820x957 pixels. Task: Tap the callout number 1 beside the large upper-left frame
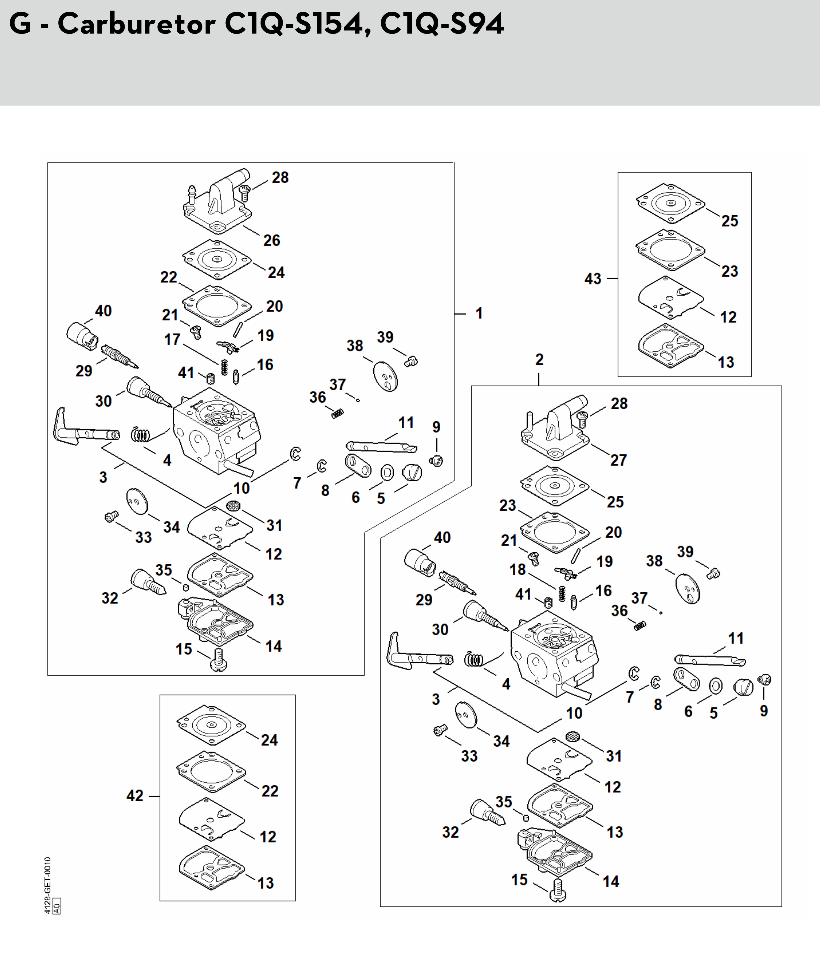tap(479, 314)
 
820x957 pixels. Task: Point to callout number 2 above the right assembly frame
tap(539, 359)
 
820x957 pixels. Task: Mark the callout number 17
tap(172, 339)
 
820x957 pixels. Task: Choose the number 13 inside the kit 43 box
tap(726, 362)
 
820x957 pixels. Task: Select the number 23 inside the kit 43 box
tap(730, 271)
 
